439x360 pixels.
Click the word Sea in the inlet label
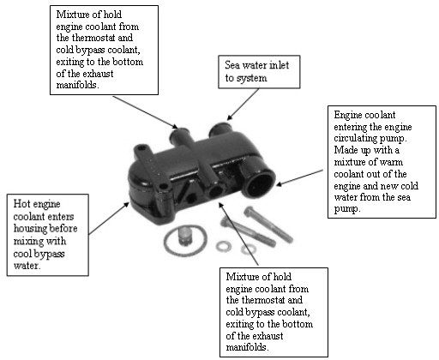click(x=232, y=65)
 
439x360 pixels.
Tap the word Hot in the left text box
click(x=21, y=204)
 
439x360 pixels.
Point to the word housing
click(x=29, y=229)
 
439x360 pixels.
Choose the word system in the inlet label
click(x=251, y=78)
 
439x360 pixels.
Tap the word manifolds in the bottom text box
click(x=246, y=347)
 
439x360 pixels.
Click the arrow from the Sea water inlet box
click(x=243, y=104)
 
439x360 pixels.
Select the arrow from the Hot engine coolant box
click(x=109, y=219)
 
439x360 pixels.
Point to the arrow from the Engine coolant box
click(x=300, y=177)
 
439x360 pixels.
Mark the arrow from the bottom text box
click(x=238, y=234)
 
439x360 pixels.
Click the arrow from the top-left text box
click(x=145, y=112)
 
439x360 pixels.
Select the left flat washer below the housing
click(x=224, y=247)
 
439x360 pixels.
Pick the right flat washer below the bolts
click(x=248, y=249)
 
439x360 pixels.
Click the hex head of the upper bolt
click(x=250, y=212)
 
